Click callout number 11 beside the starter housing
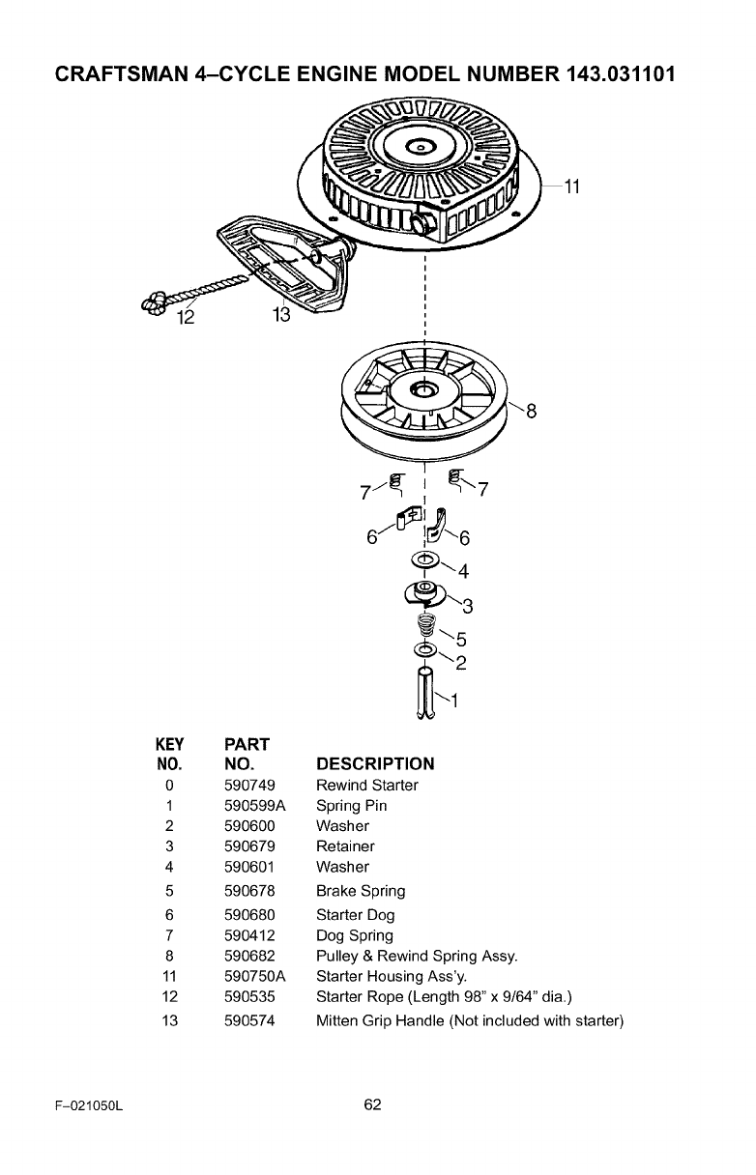tap(570, 186)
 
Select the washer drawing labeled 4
tap(425, 560)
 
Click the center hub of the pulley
tap(422, 389)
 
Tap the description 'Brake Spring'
tap(361, 891)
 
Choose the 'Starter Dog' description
tap(355, 915)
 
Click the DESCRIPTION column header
tap(375, 763)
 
